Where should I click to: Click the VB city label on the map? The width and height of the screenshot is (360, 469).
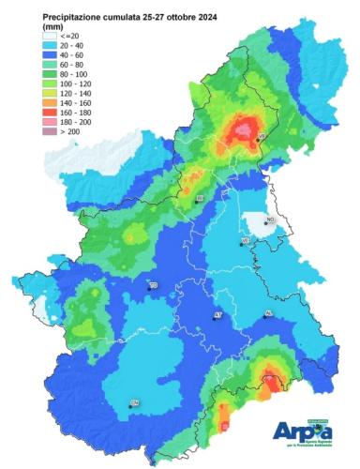pyautogui.click(x=261, y=137)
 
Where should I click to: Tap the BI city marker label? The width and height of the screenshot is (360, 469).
pyautogui.click(x=199, y=200)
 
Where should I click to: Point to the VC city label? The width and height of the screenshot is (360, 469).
pyautogui.click(x=246, y=241)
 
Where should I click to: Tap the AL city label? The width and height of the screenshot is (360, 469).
pyautogui.click(x=268, y=314)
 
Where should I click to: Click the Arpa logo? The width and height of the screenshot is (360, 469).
pyautogui.click(x=306, y=431)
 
